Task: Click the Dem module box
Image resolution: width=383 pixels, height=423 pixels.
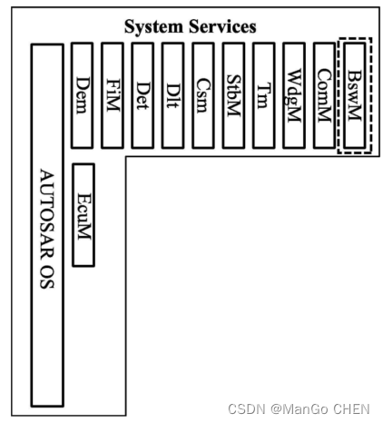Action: pos(82,95)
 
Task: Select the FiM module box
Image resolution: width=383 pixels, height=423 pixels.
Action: pos(113,95)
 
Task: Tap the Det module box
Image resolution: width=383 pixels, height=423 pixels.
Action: pos(142,95)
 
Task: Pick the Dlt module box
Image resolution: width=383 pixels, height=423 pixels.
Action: pos(173,95)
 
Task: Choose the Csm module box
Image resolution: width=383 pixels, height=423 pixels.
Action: pos(203,95)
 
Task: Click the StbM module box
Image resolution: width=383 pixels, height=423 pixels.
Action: pos(233,95)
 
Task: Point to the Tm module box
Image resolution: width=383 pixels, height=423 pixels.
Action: pos(264,95)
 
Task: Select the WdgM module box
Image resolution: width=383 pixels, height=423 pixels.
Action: pos(294,95)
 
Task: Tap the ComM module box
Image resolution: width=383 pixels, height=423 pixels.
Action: pos(325,95)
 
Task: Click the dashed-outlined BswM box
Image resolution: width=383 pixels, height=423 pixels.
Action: pos(355,95)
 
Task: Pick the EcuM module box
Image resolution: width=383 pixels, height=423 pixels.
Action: pos(83,215)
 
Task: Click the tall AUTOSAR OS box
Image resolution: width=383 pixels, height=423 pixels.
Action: pos(47,225)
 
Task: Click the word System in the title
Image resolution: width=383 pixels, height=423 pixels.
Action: pos(154,26)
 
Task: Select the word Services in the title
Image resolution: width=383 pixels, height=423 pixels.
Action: pos(222,26)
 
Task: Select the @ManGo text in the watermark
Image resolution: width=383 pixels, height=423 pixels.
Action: pos(300,409)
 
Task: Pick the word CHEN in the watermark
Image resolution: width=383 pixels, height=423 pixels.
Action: pos(352,409)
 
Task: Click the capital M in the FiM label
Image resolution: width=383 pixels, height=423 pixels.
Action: pos(113,103)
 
